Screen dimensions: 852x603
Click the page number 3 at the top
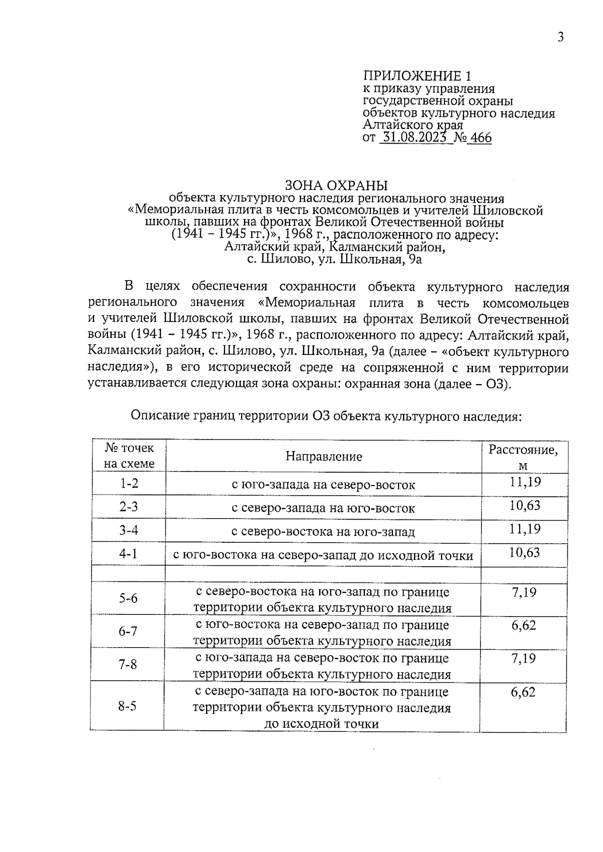[561, 37]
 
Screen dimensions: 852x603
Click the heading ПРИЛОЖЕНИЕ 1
[418, 76]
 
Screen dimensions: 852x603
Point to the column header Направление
[324, 456]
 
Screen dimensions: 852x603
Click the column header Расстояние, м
[524, 457]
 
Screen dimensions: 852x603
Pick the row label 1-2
[129, 484]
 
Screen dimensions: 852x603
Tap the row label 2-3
[129, 507]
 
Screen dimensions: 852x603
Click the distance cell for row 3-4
[525, 529]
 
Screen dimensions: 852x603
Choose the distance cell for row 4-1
[525, 553]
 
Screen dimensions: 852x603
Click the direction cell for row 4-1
[323, 555]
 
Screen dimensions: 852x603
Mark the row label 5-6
[128, 598]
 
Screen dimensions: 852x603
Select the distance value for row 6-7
[524, 625]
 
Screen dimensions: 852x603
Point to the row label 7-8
[128, 665]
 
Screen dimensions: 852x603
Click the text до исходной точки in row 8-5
[322, 723]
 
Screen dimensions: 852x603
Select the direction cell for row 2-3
[323, 508]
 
